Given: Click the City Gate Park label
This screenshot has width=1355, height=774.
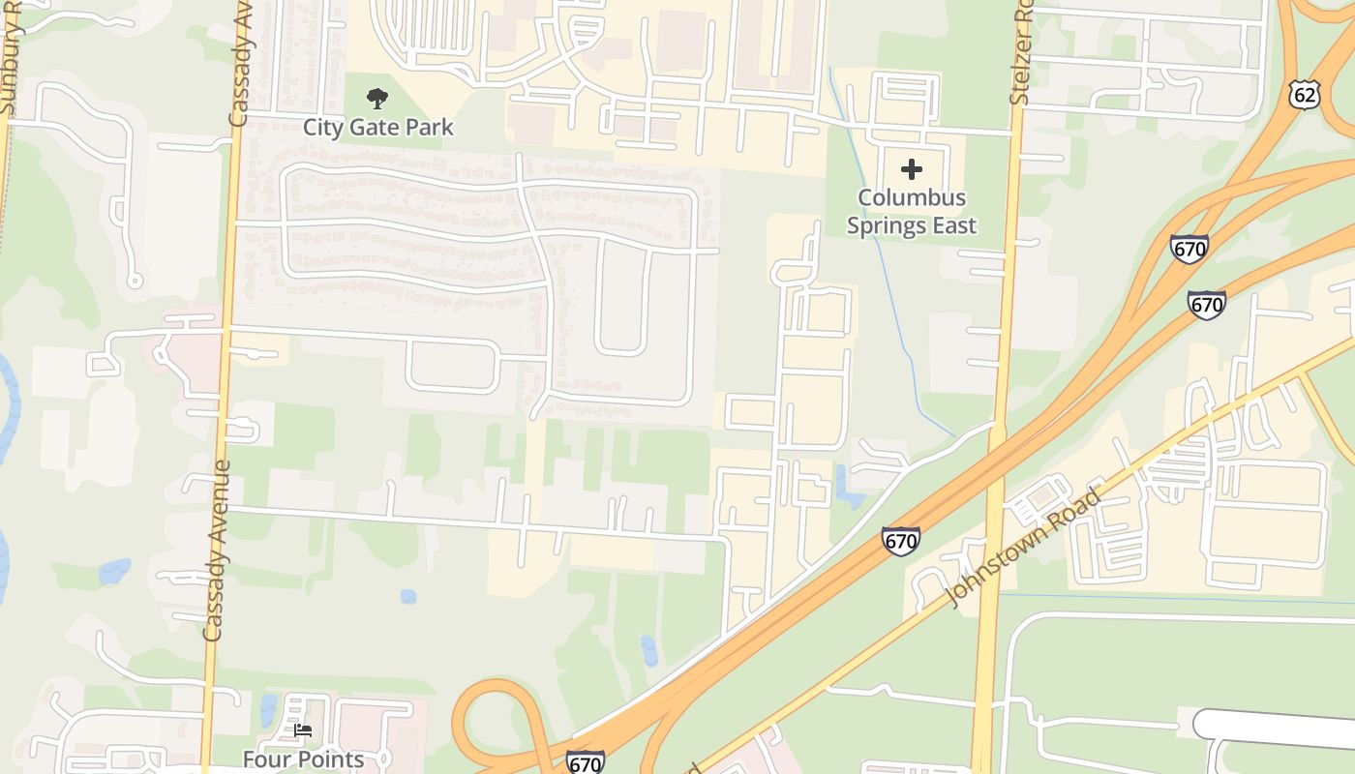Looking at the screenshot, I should coord(377,127).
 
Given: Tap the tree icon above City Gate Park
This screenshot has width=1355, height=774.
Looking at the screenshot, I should coord(377,98).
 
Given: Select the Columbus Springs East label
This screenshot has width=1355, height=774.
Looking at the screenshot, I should coord(912,212).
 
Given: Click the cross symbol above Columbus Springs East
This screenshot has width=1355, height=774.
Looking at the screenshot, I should coord(912,170).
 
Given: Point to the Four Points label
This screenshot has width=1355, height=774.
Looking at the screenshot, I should coord(303,759).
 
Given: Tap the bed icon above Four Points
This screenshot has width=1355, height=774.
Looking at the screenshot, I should coord(303,730).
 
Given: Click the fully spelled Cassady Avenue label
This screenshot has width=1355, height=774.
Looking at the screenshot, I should coord(216,550).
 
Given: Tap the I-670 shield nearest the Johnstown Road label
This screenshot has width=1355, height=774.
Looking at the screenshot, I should coord(900,540).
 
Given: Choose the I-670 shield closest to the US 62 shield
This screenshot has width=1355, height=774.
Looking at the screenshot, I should coord(1189,249).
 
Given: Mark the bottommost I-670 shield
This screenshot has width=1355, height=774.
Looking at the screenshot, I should coord(585,762).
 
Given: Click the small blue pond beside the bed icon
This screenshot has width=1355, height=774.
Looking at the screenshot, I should coord(268,711).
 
